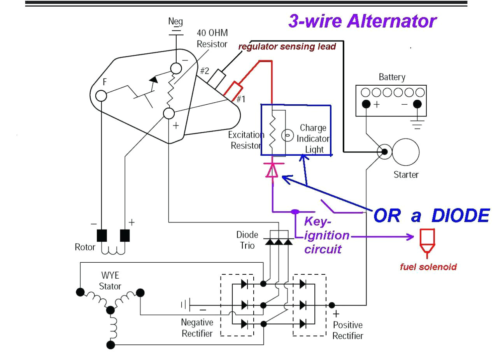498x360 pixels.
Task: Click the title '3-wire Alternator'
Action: [x=362, y=21]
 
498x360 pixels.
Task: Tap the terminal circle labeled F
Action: [x=101, y=95]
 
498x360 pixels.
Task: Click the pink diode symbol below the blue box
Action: [x=272, y=170]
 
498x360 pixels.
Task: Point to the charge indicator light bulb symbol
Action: [x=287, y=136]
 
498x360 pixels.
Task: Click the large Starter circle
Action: [x=405, y=152]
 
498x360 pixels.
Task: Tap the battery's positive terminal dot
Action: [x=366, y=104]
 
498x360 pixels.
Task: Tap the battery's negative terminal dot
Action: [x=417, y=104]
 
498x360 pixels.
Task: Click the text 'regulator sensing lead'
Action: [x=287, y=47]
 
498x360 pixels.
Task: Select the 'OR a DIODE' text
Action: [x=431, y=216]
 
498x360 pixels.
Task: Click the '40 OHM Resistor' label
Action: [x=212, y=39]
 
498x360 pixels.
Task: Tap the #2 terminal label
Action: [x=205, y=71]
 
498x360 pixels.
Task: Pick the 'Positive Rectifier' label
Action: [x=348, y=330]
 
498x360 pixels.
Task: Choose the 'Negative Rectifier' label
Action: [x=197, y=328]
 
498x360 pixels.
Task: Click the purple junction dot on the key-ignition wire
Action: [x=295, y=212]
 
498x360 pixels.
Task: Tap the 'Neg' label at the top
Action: [x=175, y=21]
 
